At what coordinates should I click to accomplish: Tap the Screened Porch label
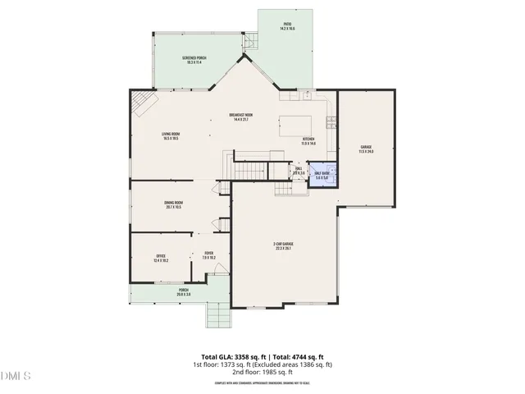[x=194, y=59]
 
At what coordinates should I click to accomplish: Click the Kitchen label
[x=308, y=141]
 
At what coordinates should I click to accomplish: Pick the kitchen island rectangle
[x=293, y=126]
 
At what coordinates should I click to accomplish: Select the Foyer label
[x=208, y=256]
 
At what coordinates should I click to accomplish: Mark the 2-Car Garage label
[x=284, y=245]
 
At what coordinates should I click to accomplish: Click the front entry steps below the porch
[x=219, y=315]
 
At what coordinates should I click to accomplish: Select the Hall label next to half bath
[x=299, y=171]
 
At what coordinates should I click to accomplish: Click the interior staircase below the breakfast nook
[x=251, y=170]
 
